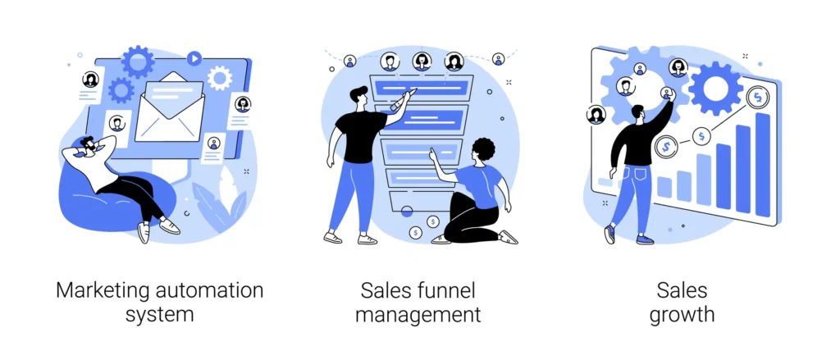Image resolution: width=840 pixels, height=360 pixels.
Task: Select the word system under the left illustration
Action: (159, 315)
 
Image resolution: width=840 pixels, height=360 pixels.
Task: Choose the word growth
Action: (682, 315)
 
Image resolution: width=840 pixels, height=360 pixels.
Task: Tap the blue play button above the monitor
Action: (194, 58)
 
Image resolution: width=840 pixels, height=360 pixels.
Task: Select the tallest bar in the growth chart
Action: (762, 165)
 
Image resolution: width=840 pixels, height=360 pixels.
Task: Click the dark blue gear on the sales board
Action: (715, 86)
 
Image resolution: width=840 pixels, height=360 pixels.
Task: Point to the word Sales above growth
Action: (682, 290)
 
